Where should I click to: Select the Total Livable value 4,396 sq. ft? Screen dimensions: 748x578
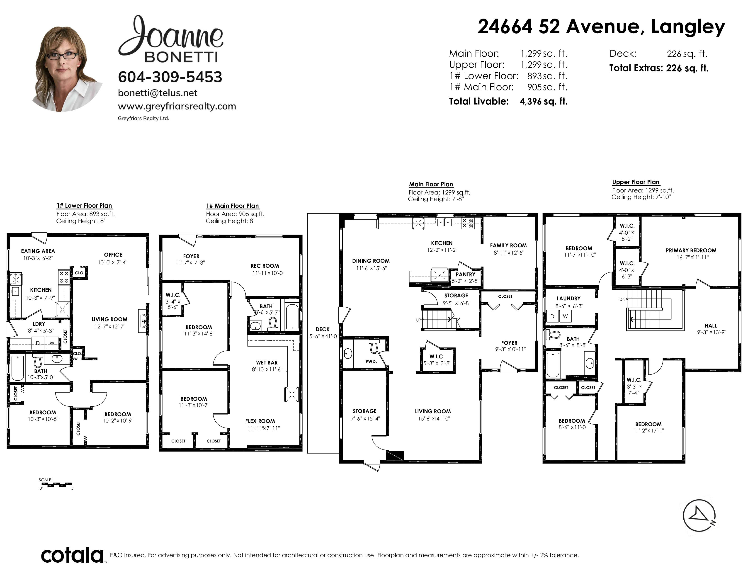(544, 101)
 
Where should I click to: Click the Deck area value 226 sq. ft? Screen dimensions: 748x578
(687, 54)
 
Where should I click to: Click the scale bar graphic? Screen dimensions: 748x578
(56, 485)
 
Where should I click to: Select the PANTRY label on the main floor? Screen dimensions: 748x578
(465, 274)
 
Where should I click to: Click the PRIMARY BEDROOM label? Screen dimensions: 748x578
(691, 250)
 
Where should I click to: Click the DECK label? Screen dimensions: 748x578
(323, 329)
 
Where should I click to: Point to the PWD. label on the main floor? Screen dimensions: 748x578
(371, 361)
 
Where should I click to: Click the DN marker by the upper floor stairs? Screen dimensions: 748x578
(622, 299)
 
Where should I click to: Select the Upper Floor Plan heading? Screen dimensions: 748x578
(636, 182)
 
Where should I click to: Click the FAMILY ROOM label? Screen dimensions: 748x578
(508, 245)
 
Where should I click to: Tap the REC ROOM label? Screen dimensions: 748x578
(265, 266)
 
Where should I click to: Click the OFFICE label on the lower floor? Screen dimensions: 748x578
(113, 255)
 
